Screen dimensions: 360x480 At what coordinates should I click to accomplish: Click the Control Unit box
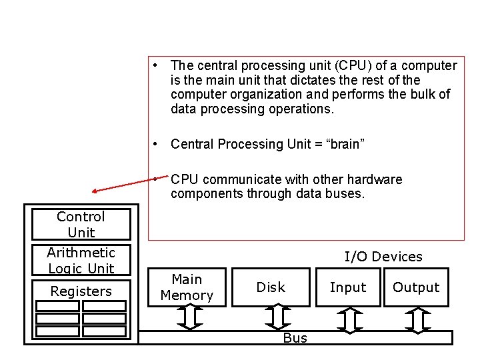[81, 225]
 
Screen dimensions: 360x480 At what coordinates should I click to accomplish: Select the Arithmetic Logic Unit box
[81, 260]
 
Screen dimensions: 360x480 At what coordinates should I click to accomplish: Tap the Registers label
[81, 291]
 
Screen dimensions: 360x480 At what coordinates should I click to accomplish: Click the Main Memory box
[187, 287]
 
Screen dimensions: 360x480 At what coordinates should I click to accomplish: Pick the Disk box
[271, 287]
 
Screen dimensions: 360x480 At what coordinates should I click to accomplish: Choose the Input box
[348, 287]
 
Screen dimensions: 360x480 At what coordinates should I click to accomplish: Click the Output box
[416, 287]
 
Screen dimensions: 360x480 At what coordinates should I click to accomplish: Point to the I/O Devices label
[383, 257]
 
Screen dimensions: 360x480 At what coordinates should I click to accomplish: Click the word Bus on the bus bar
[295, 338]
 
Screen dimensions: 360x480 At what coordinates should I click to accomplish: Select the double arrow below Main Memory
[189, 318]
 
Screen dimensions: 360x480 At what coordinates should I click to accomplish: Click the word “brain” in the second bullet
[344, 144]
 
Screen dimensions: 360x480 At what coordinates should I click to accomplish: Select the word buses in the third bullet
[347, 194]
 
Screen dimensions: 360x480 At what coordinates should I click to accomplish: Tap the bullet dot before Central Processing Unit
[155, 144]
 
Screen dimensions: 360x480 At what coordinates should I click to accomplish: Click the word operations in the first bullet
[300, 109]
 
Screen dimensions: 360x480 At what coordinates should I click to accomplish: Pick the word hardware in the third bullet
[377, 179]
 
